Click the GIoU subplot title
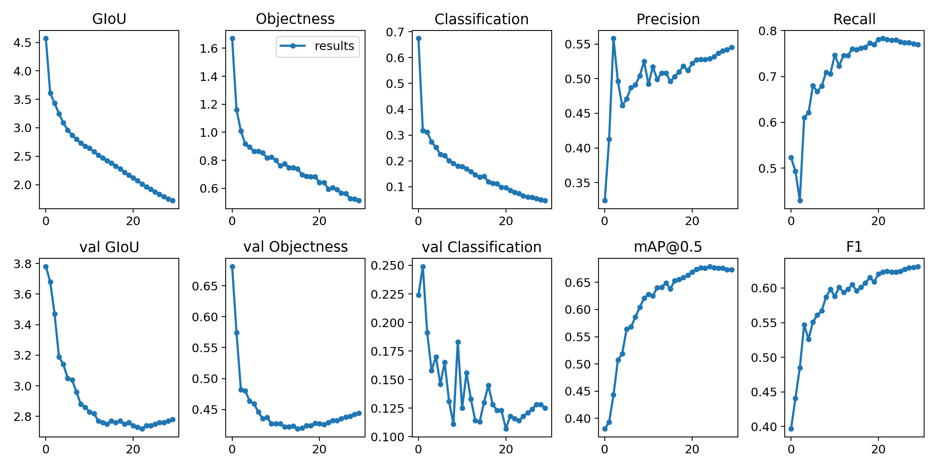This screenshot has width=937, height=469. (x=109, y=19)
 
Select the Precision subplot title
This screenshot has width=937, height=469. (x=668, y=19)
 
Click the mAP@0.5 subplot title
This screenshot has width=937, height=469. (x=668, y=247)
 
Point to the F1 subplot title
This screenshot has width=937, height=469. (x=854, y=247)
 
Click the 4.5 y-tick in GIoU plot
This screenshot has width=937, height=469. (x=22, y=43)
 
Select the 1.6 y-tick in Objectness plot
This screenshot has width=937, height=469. (x=208, y=48)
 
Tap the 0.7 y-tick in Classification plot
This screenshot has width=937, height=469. (x=395, y=32)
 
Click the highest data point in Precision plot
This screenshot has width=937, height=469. (x=613, y=38)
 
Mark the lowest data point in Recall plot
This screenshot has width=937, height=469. (x=800, y=200)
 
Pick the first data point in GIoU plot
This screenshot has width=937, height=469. (x=46, y=38)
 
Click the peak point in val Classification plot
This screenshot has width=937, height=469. (x=423, y=267)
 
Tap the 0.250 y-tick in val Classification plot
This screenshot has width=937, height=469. (x=387, y=266)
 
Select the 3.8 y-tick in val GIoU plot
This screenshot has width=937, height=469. (x=22, y=264)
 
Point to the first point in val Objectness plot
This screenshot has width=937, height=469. (x=232, y=267)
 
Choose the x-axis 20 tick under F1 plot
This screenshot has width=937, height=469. (x=878, y=449)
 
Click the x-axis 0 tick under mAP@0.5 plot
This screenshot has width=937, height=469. (x=605, y=449)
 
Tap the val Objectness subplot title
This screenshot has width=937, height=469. (x=296, y=247)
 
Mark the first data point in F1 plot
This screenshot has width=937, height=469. (x=791, y=429)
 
